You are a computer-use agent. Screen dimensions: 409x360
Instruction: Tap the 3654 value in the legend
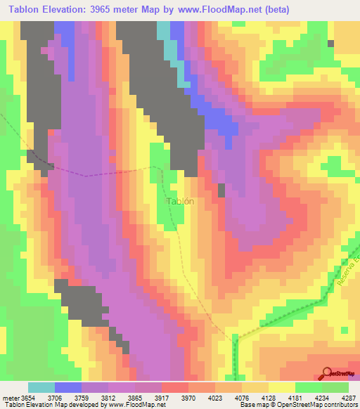point(27,397)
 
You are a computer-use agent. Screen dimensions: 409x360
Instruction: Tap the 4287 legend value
point(349,397)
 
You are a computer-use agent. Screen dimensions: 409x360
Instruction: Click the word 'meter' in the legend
point(9,397)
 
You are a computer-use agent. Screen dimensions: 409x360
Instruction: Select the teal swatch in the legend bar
point(41,387)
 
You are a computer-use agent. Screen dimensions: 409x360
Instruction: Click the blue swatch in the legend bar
point(68,387)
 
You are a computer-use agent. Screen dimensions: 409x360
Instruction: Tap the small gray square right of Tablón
point(222,190)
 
